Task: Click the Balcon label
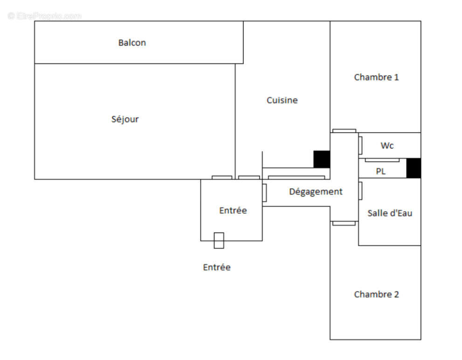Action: [132, 43]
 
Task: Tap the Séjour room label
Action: [125, 119]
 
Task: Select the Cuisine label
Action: [282, 100]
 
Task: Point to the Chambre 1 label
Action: [376, 77]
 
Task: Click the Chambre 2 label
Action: [376, 294]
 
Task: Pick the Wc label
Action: [387, 146]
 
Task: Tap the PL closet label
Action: [381, 171]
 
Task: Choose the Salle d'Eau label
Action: [390, 213]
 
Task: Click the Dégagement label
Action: [316, 191]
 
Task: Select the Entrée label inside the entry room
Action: [233, 211]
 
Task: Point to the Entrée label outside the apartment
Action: [217, 267]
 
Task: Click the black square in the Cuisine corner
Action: [322, 159]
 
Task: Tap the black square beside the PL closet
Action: [414, 168]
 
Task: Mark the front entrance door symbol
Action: [219, 240]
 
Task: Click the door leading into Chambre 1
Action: [344, 131]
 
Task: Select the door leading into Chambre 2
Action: [344, 224]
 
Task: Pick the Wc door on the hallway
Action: [360, 145]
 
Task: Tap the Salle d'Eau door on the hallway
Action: [360, 190]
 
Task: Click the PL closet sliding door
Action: [382, 160]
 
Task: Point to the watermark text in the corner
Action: [45, 16]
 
